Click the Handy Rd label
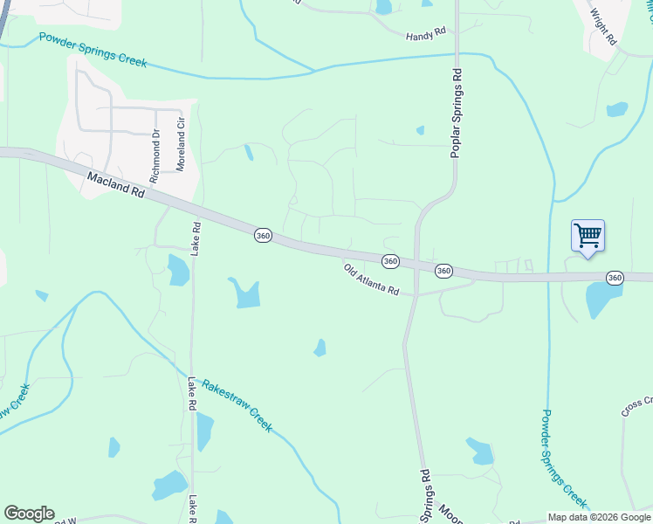point(426,34)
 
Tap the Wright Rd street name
point(603,27)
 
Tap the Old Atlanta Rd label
point(371,279)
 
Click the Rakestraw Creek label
point(237,406)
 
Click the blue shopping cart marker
point(588,235)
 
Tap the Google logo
point(29,514)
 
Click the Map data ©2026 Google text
point(600,517)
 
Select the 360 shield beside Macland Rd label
point(264,236)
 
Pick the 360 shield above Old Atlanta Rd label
point(390,261)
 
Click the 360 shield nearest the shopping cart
point(615,278)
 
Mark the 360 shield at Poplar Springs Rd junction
point(443,271)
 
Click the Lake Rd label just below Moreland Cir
point(196,238)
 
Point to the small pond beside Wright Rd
point(617,109)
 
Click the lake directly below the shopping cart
point(602,300)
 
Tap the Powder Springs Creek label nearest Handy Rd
point(93,51)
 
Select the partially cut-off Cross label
point(636,406)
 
